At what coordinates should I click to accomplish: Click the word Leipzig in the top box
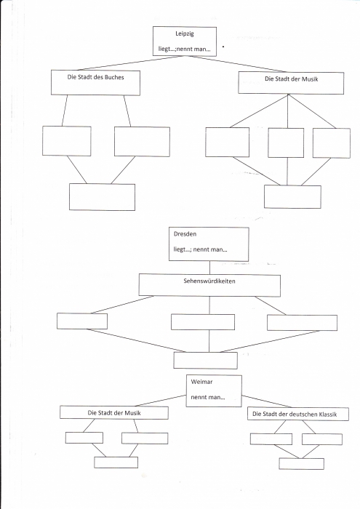185,33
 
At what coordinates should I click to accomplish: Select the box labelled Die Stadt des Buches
95,83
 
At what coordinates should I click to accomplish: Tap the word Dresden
185,233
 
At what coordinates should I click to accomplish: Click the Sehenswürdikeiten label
209,281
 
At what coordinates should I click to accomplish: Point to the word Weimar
201,382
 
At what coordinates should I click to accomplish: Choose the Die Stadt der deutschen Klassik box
298,414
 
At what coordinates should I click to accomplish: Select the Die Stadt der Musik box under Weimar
114,412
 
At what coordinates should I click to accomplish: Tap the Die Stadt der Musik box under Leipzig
291,83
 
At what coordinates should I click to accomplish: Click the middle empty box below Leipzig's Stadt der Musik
286,143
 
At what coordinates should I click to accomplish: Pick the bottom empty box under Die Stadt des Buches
102,197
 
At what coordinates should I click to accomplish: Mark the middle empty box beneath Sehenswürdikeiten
203,322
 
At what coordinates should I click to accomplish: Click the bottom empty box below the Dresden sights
205,361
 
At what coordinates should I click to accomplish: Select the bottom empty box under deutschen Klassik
301,464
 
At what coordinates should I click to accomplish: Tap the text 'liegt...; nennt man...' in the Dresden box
200,249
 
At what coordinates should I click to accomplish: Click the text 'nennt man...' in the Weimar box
208,397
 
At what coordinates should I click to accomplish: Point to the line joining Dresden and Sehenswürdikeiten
209,268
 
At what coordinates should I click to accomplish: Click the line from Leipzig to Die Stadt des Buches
131,63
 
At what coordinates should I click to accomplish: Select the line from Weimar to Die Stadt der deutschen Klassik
266,401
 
